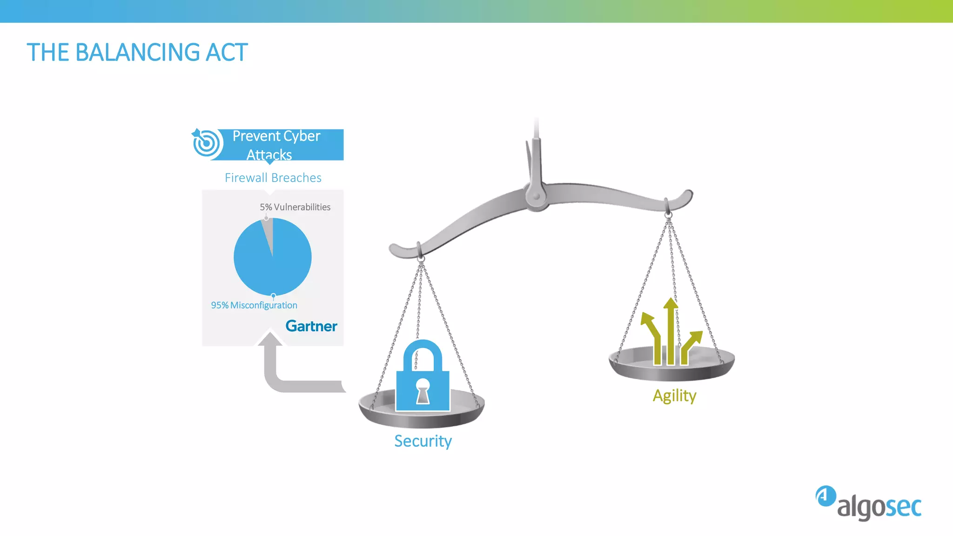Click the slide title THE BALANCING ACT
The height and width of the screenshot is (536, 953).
pos(137,52)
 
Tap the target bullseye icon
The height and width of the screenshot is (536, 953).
pos(206,143)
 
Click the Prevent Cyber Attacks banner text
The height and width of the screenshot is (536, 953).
pos(276,145)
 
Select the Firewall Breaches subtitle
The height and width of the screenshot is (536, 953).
pos(273,178)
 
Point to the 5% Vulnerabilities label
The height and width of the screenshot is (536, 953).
pos(295,207)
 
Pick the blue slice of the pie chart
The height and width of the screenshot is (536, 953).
pos(279,265)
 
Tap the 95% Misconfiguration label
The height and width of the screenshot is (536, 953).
pos(254,305)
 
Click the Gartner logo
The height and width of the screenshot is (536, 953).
pos(311,326)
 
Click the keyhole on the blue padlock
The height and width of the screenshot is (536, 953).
pos(423,390)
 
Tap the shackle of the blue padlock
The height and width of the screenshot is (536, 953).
pos(423,354)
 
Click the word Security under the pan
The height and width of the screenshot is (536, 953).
pos(423,441)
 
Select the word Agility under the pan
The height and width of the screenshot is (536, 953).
pos(674,395)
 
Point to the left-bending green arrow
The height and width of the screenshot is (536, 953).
pos(653,335)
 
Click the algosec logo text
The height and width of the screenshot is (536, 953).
pos(879,507)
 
